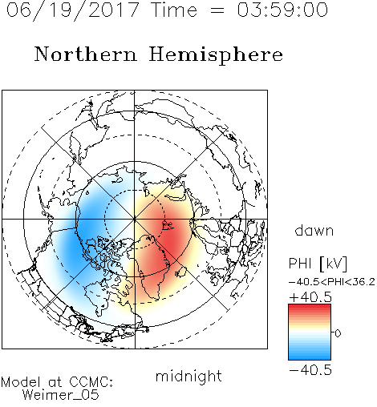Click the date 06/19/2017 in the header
[72, 10]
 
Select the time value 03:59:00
[282, 10]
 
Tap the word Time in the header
[174, 10]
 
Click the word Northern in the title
[86, 54]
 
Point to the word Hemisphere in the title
[216, 55]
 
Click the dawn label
[314, 231]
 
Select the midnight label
[188, 376]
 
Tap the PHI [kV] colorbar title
[318, 264]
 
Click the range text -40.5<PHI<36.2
[332, 282]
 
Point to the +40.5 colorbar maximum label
[310, 297]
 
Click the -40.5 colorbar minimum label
[310, 370]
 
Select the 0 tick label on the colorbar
[338, 333]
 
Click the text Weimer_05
[60, 395]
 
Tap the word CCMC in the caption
[91, 382]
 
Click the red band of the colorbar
[310, 309]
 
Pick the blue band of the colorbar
[310, 354]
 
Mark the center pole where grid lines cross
[135, 219]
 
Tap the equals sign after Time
[217, 10]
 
